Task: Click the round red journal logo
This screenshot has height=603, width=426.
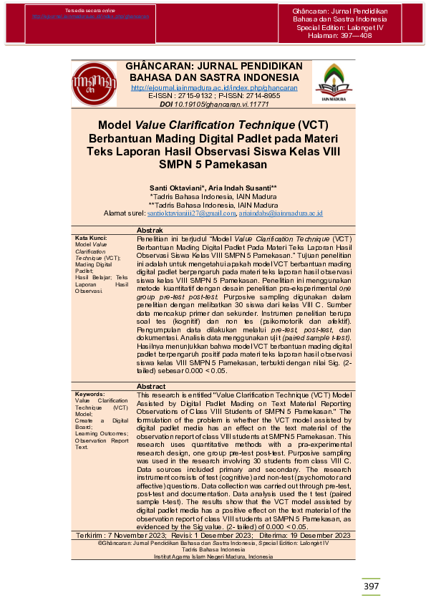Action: (x=94, y=84)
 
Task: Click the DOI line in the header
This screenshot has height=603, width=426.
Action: (x=214, y=104)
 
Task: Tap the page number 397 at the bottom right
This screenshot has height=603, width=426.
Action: (x=372, y=587)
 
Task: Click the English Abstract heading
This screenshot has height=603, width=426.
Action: (x=151, y=387)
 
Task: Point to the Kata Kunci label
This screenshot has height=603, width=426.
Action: (x=92, y=237)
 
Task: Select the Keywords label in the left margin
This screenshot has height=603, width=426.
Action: (x=92, y=394)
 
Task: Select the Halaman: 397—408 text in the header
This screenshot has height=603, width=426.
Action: (x=336, y=35)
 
